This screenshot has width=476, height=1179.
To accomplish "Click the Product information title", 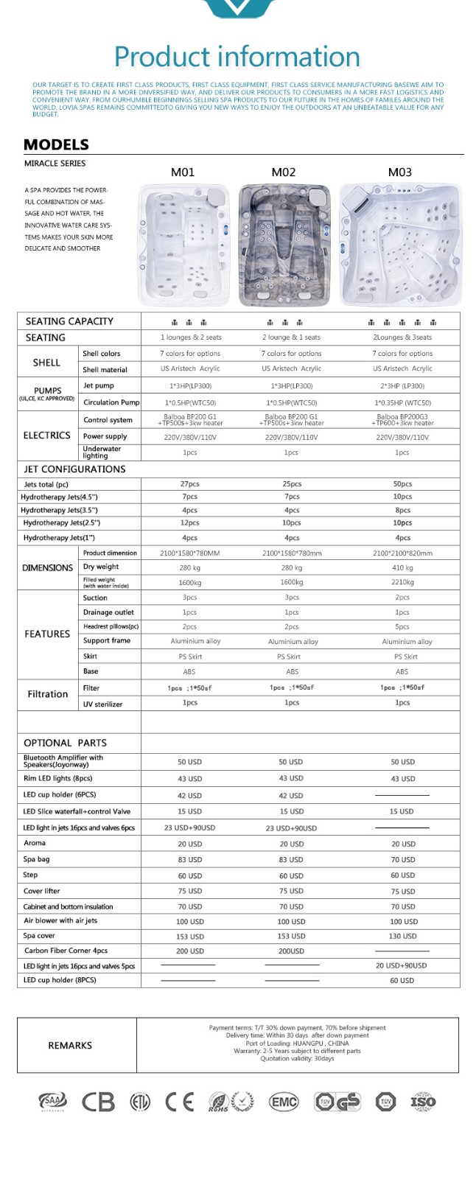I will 237,57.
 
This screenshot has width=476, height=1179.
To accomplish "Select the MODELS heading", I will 56,144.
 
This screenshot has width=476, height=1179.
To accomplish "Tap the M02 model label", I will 283,172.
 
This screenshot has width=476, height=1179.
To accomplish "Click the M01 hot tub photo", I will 184,245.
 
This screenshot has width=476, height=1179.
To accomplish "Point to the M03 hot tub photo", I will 401,245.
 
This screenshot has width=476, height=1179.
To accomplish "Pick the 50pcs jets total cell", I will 402,484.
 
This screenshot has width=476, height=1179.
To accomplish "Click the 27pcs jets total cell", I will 189,484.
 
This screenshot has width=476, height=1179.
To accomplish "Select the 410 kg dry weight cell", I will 402,567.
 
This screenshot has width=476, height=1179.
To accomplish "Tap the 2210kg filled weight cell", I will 402,582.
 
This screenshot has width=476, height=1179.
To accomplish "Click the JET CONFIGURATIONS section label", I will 74,469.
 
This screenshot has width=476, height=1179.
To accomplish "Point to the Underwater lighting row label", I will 102,452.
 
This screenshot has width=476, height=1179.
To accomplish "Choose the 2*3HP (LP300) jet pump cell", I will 402,386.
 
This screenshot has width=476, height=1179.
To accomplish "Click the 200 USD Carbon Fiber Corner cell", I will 189,951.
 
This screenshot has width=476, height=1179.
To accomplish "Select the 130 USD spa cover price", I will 402,936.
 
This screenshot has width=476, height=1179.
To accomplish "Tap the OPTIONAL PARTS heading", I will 65,743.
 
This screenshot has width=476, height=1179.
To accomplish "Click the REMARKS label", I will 70,1046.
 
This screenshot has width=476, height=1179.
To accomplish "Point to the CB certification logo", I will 98,1102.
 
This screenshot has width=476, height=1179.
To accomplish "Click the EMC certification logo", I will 284,1102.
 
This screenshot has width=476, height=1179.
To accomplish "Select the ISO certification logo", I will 423,1102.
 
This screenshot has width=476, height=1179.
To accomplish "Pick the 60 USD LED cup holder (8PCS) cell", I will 402,981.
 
